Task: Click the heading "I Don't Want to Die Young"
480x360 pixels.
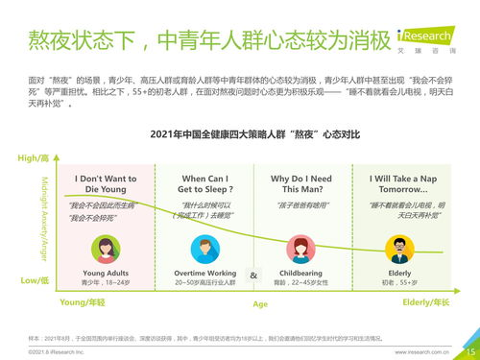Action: point(106,184)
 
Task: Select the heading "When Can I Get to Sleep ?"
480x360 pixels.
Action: point(204,184)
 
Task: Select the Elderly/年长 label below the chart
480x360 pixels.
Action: point(425,303)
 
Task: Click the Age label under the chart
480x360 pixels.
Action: point(260,304)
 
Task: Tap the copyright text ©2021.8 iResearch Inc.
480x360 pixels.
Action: point(57,352)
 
